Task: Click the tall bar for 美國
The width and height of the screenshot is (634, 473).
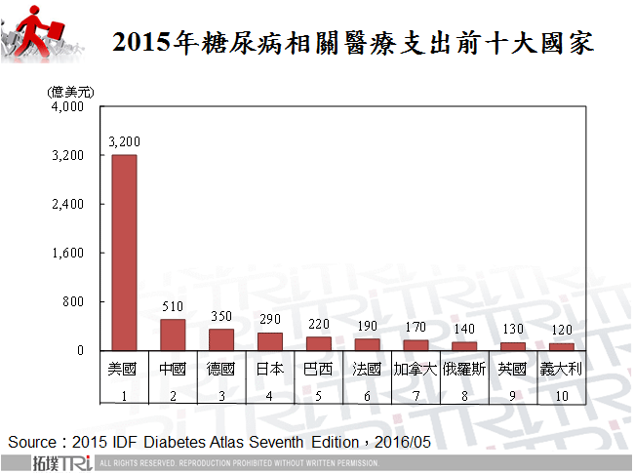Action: pyautogui.click(x=124, y=253)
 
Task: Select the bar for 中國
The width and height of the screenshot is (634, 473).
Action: pyautogui.click(x=173, y=335)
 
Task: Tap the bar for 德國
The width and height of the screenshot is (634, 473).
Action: pyautogui.click(x=221, y=339)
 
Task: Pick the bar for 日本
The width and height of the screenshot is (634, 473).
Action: pyautogui.click(x=270, y=341)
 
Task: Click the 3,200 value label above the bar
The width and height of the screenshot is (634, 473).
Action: pyautogui.click(x=124, y=142)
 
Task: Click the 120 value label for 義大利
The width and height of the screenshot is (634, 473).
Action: pyautogui.click(x=562, y=331)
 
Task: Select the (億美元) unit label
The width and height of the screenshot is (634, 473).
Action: pyautogui.click(x=71, y=91)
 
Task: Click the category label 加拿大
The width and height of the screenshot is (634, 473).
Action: pyautogui.click(x=416, y=370)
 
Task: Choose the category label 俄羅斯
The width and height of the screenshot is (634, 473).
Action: pyautogui.click(x=464, y=370)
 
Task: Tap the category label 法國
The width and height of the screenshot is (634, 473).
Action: pyautogui.click(x=367, y=370)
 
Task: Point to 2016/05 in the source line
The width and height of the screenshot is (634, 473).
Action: pyautogui.click(x=402, y=442)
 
